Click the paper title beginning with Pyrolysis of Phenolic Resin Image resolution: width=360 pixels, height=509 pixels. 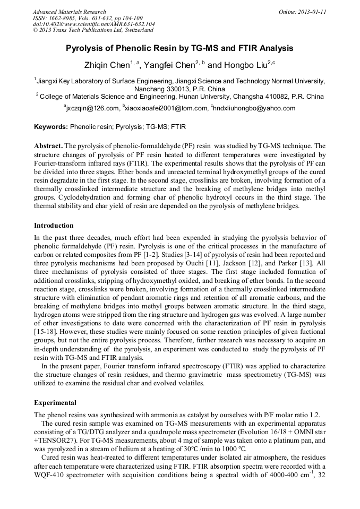pos(179,48)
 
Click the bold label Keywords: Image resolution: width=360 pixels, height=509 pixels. pos(50,127)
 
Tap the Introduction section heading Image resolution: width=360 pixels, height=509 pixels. pos(54,226)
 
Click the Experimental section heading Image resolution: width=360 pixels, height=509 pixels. pos(55,402)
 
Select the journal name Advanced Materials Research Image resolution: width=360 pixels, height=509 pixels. pos(69,12)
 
